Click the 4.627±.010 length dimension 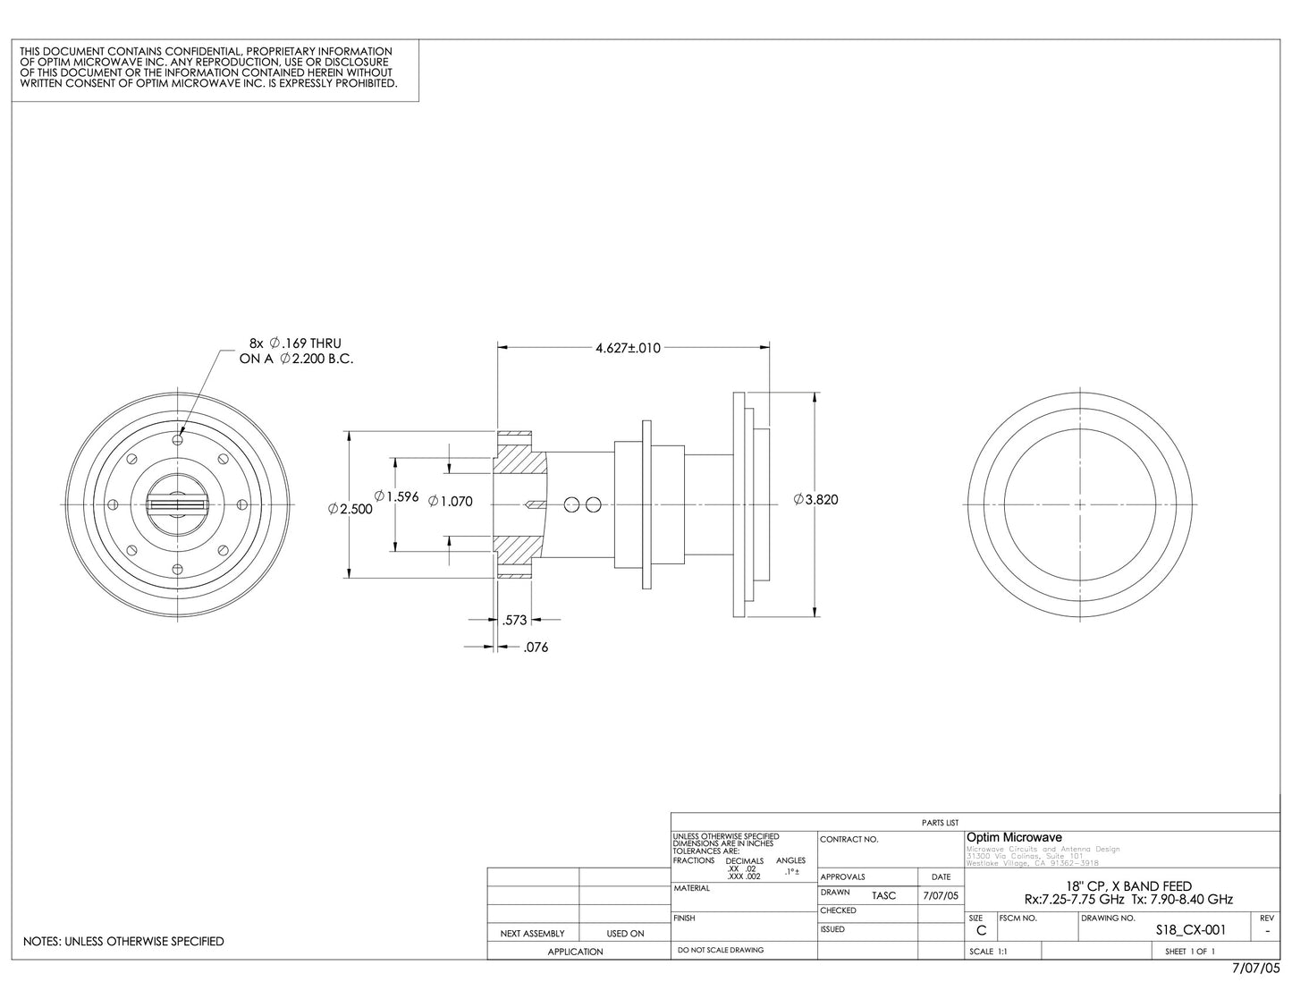(628, 348)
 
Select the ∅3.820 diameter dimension (815, 500)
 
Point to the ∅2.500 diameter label (350, 509)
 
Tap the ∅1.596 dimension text (396, 496)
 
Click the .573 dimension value (515, 619)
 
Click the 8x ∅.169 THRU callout (295, 343)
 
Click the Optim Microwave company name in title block (1014, 837)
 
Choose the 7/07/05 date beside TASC (940, 895)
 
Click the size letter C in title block (981, 930)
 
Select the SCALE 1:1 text (988, 952)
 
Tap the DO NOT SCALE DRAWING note (721, 950)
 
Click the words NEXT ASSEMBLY (532, 934)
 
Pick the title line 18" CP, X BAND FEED (1128, 885)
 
